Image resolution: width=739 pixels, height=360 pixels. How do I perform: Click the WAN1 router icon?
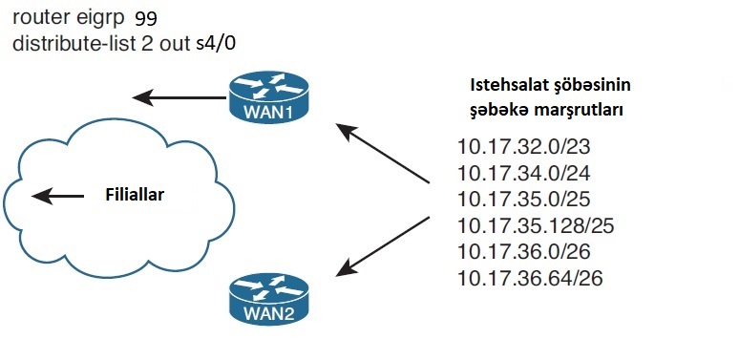268,97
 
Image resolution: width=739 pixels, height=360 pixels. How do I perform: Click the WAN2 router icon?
268,299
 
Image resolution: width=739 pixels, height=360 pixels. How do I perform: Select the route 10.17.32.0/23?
523,147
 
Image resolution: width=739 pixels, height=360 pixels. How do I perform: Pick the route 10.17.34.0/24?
523,174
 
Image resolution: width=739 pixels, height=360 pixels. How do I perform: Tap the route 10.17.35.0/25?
523,200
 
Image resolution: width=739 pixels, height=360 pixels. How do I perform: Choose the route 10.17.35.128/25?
536,225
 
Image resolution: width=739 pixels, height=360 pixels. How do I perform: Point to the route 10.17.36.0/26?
523,252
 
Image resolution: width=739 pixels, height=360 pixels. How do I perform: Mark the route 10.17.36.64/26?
530,278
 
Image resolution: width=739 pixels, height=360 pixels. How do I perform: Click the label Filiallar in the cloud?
135,195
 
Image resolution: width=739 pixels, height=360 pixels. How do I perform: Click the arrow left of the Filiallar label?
57,196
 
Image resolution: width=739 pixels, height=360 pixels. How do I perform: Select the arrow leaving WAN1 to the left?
179,97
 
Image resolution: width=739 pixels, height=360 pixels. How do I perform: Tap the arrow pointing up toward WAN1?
382,153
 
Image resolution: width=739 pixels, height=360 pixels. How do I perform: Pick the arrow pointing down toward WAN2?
382,246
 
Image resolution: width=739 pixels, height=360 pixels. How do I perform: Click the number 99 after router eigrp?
146,18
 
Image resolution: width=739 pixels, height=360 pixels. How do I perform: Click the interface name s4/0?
216,44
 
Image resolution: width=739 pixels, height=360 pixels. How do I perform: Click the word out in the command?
176,44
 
